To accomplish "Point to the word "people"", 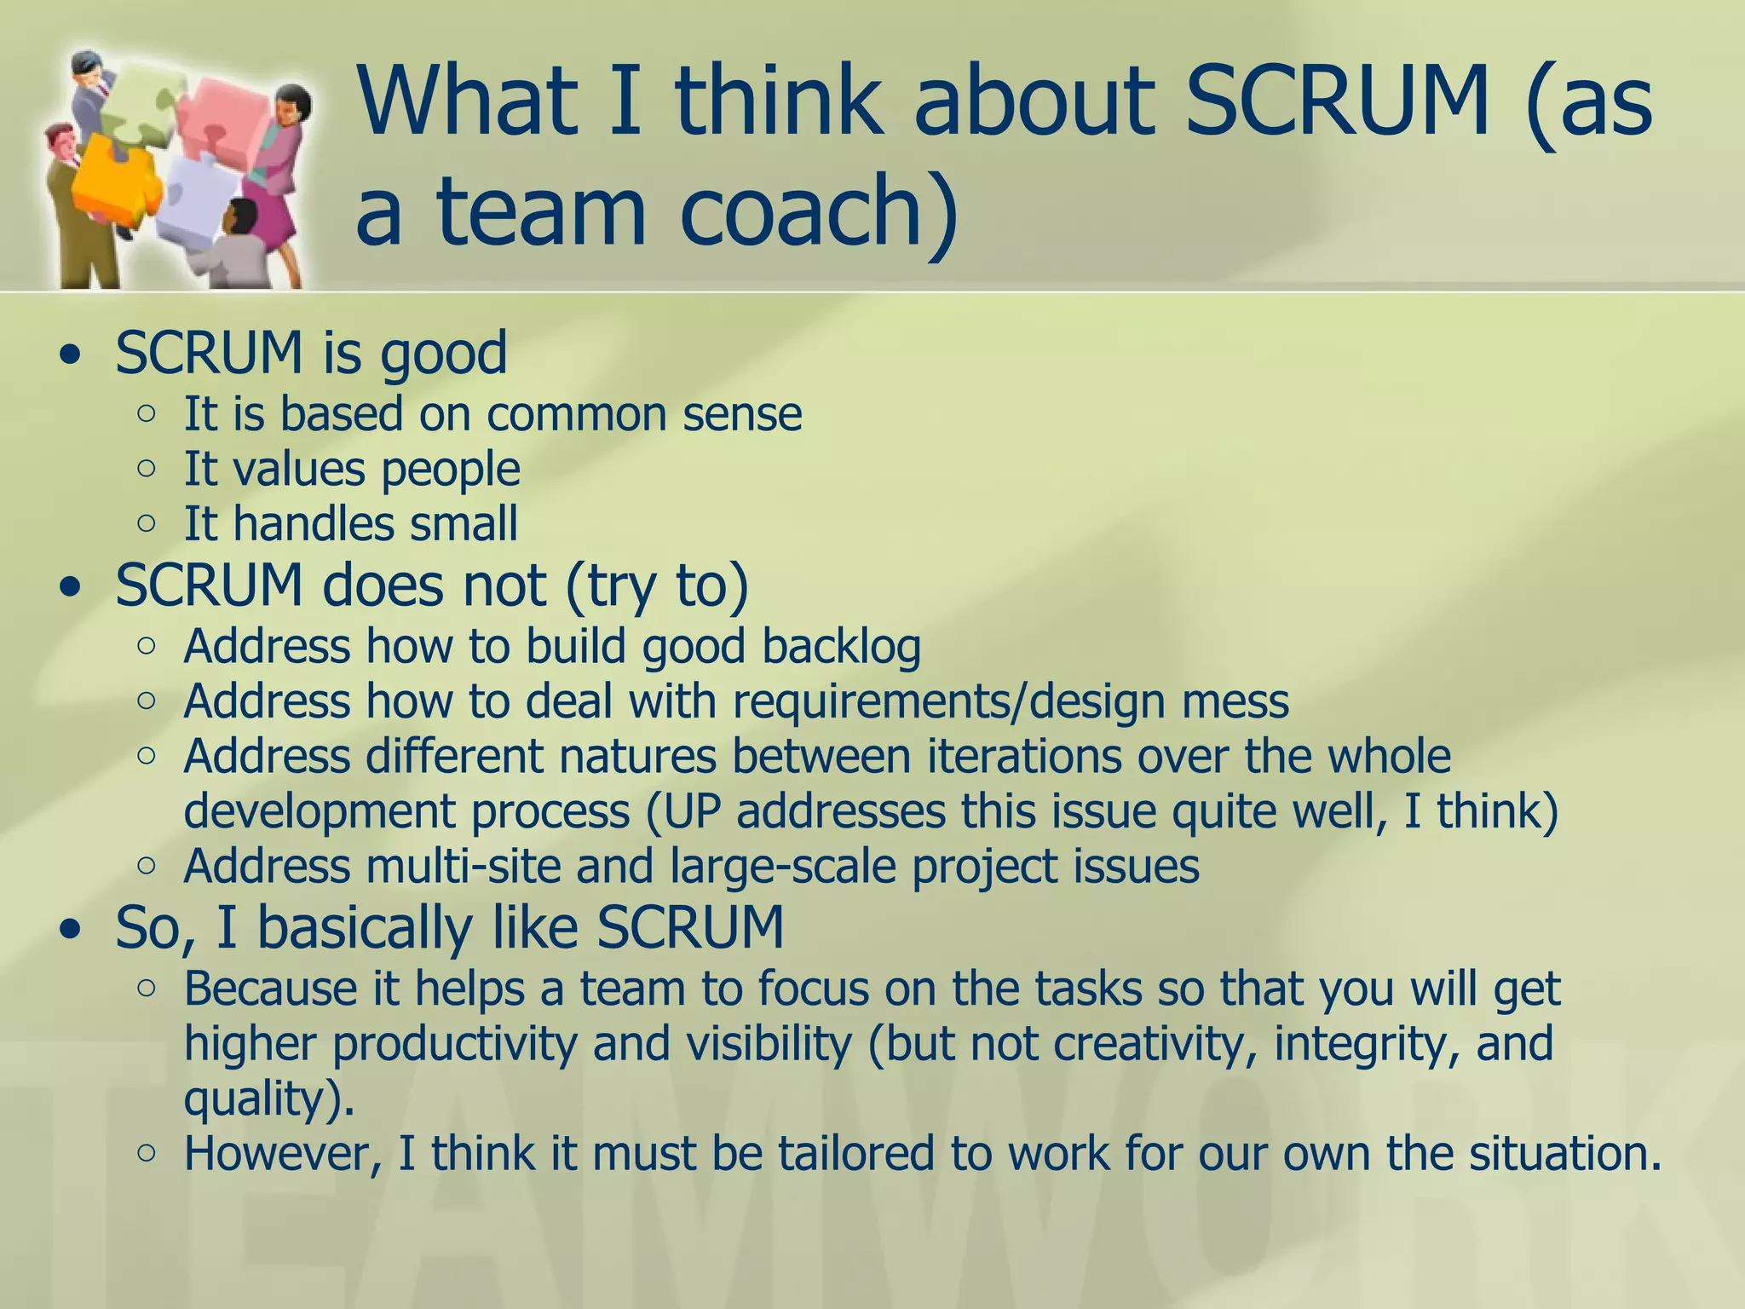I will [450, 470].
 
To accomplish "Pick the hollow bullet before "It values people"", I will [147, 468].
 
